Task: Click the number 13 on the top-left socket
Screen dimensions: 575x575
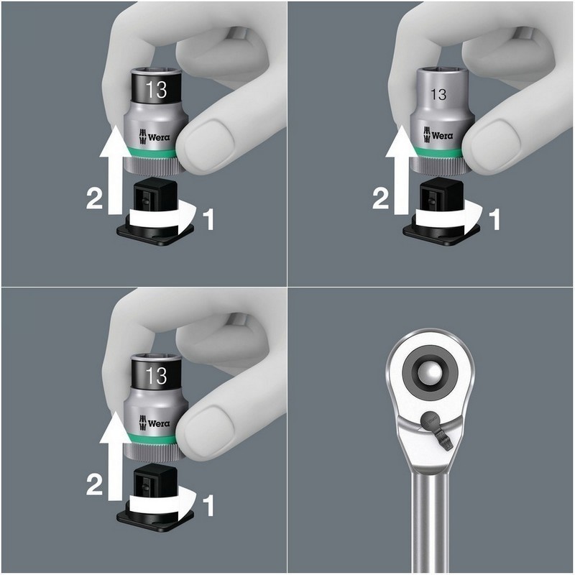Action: click(x=156, y=89)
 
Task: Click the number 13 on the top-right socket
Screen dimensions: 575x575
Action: click(x=438, y=94)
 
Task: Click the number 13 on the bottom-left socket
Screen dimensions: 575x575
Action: click(x=156, y=375)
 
